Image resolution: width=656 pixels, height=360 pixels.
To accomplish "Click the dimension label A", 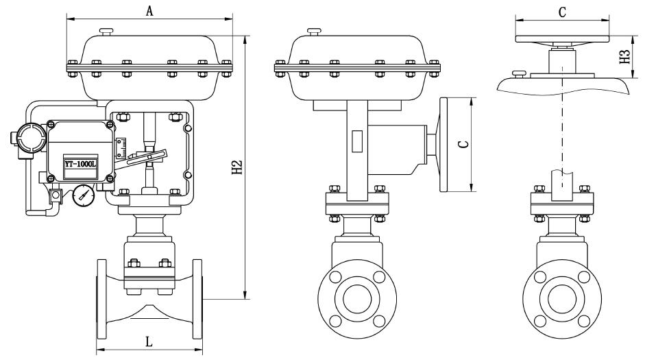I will tap(150, 10).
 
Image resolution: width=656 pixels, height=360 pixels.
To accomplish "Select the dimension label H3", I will tap(624, 57).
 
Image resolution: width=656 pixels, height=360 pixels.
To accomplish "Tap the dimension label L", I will tap(149, 341).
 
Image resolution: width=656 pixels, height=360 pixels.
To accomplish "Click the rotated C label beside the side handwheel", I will tap(463, 144).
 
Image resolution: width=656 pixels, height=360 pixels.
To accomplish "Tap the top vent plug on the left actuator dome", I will tap(106, 31).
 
